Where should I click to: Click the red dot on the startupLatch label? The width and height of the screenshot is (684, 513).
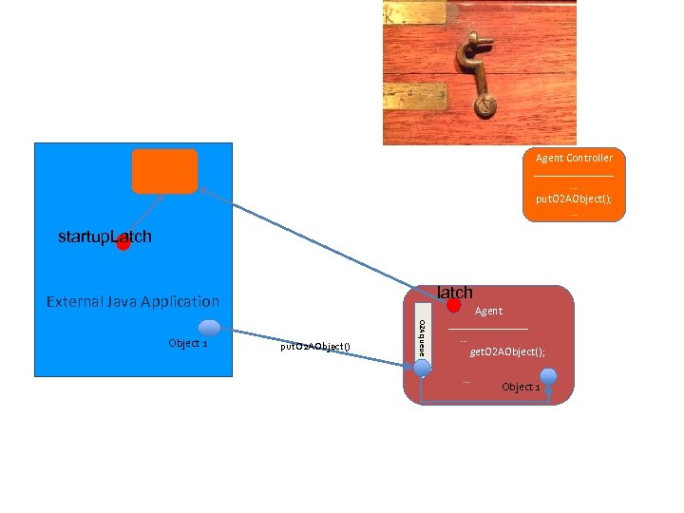(x=123, y=243)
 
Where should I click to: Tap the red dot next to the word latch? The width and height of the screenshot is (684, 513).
(x=454, y=305)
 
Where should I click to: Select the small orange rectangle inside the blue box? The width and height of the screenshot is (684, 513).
(x=165, y=171)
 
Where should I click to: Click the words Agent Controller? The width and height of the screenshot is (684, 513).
(x=574, y=158)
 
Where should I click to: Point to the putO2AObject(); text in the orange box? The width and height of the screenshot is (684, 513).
(x=574, y=199)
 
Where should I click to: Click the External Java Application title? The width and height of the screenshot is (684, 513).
(x=133, y=302)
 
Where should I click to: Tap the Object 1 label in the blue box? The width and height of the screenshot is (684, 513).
(x=187, y=343)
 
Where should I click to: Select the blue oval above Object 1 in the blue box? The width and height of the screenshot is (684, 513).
(x=209, y=328)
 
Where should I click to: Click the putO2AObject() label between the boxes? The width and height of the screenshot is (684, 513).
(x=315, y=347)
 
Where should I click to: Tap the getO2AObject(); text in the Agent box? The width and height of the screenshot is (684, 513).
(x=508, y=351)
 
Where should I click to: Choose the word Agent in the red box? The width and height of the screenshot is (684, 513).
(x=488, y=311)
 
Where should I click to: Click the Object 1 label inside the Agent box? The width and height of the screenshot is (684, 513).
(x=521, y=387)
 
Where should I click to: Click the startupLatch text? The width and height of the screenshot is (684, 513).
(x=104, y=236)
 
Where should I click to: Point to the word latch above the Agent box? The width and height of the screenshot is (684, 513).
(x=454, y=292)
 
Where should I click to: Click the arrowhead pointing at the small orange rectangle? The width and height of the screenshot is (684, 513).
(x=201, y=190)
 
